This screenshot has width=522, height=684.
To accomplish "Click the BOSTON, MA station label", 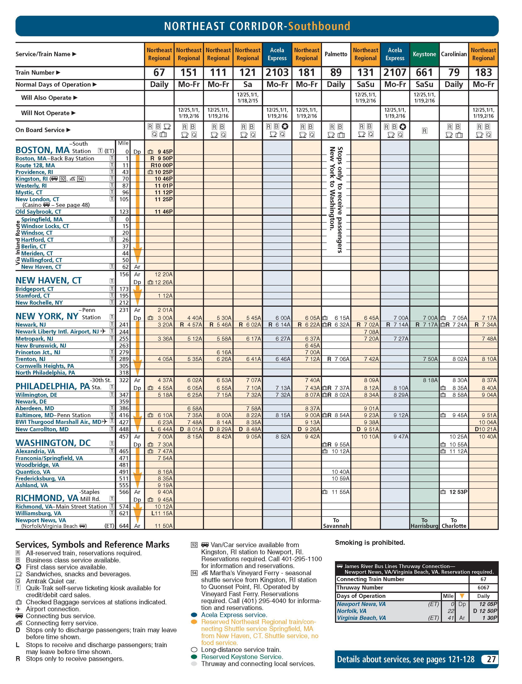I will tap(43, 150).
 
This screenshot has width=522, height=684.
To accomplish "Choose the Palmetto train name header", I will tap(336, 54).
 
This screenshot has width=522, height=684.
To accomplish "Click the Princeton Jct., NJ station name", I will tap(38, 352).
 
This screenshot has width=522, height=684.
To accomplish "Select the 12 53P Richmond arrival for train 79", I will tap(458, 492).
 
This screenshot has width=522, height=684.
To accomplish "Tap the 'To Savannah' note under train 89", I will tap(336, 523).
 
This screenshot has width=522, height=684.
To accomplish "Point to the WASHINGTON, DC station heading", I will tap(53, 443).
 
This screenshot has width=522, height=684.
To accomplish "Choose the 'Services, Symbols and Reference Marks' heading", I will tap(93, 545).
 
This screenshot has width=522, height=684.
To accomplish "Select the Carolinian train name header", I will tap(454, 54).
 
